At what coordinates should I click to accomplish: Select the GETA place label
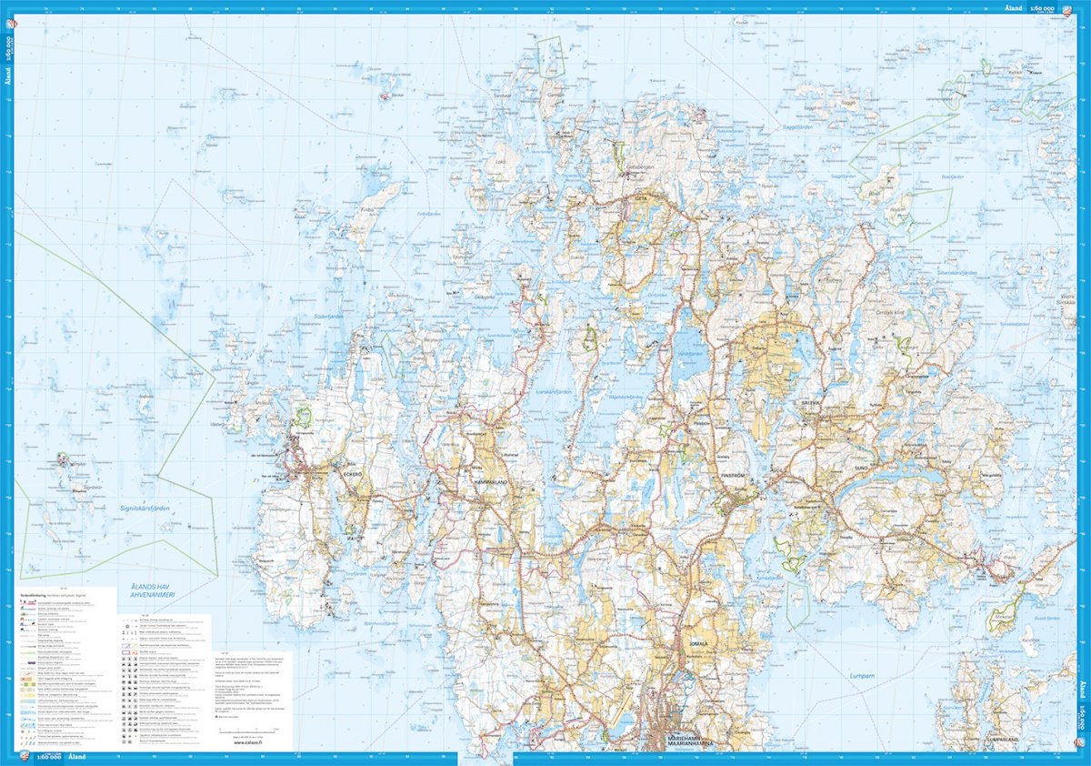tap(640, 195)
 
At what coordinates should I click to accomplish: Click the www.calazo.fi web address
tap(249, 741)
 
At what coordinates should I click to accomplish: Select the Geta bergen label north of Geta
tap(639, 168)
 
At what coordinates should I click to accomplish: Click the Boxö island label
tap(875, 193)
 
